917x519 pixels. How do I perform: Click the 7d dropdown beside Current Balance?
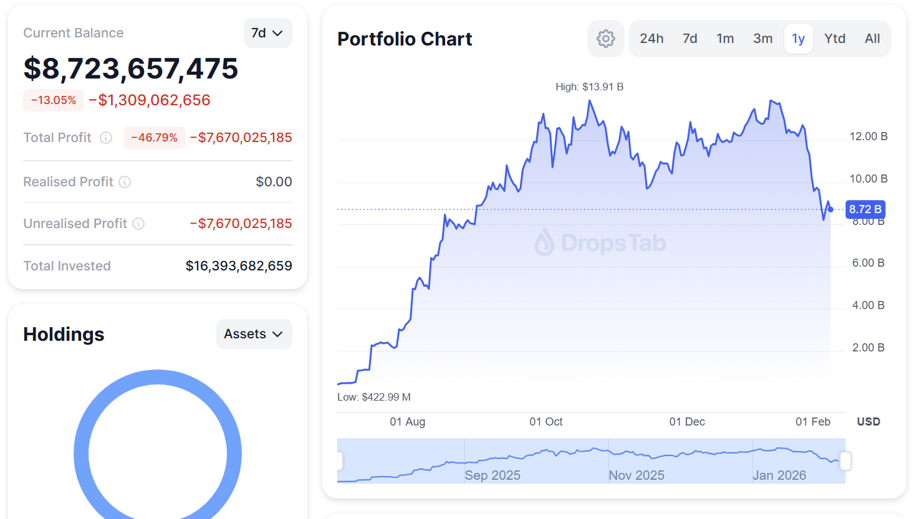point(267,33)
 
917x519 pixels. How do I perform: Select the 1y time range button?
point(798,39)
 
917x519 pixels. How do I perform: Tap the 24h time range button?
point(651,39)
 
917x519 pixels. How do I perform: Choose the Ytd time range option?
point(835,39)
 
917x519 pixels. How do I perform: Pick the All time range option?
point(872,39)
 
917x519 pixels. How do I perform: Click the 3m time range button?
point(762,39)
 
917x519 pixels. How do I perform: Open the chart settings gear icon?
point(605,39)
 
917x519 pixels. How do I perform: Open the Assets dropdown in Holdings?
point(254,334)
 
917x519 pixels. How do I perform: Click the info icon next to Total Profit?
point(106,138)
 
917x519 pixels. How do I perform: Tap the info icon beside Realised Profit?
point(125,182)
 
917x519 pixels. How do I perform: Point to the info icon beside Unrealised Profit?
point(138,224)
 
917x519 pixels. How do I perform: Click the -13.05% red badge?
point(54,100)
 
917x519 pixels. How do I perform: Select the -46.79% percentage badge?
point(154,138)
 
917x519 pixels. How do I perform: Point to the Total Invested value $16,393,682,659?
point(239,266)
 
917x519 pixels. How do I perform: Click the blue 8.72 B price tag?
point(865,209)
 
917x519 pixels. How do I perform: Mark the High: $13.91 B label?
point(589,87)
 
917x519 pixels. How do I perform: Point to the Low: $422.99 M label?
point(373,397)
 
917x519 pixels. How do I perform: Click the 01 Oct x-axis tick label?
point(545,422)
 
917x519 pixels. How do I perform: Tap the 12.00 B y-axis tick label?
point(868,136)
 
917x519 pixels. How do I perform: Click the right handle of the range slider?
point(845,461)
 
